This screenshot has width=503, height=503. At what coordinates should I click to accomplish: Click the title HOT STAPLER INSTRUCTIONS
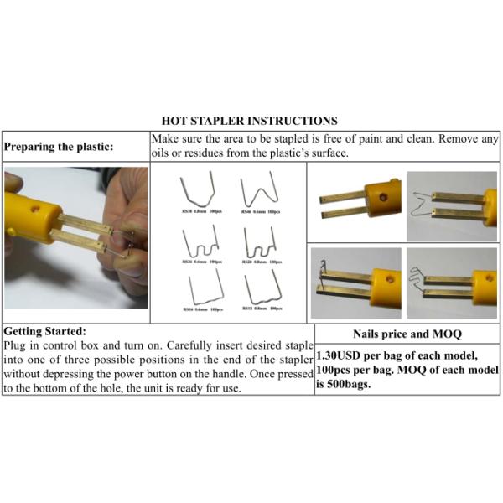coord(250,121)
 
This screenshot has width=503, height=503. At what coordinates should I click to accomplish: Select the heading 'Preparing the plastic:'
coord(59,146)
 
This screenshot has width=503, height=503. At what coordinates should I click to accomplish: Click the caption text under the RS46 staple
coord(262,212)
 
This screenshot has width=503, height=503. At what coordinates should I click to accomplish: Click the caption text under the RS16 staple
coord(201,309)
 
